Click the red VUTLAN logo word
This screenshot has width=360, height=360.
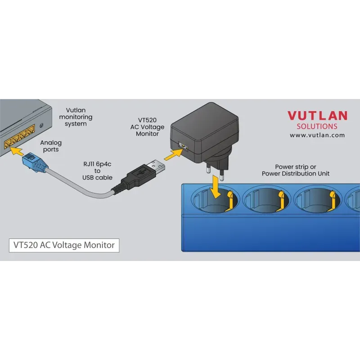point(317,116)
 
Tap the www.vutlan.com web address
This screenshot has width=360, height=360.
point(317,135)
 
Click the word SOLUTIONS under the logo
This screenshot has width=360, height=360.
point(317,126)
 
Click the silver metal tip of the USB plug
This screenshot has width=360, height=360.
point(156,167)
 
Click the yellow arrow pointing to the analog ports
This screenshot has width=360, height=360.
point(17,151)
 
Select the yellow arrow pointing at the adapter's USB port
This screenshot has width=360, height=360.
point(174,154)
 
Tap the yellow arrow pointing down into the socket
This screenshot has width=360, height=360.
point(216,187)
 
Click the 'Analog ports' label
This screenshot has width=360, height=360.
point(51,146)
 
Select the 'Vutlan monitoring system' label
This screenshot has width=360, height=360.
point(76,117)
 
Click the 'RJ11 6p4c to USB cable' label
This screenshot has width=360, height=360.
point(97,171)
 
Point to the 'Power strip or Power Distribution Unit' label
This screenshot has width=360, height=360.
point(296,170)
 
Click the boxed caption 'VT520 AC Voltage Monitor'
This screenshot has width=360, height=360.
point(64,245)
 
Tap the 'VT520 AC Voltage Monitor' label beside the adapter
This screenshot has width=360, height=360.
point(147,127)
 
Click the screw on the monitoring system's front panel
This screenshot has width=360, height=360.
point(41,126)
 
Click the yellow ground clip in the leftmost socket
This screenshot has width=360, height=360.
point(230,200)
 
